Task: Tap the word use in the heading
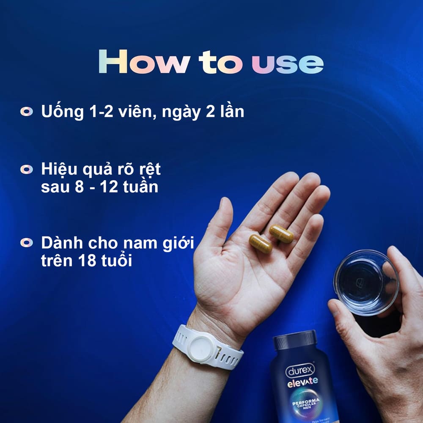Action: (x=288, y=63)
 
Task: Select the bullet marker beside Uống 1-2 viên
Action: (x=27, y=112)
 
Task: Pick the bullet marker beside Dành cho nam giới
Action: (x=27, y=243)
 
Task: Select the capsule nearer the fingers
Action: (x=281, y=233)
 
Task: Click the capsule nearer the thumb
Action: (x=261, y=244)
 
